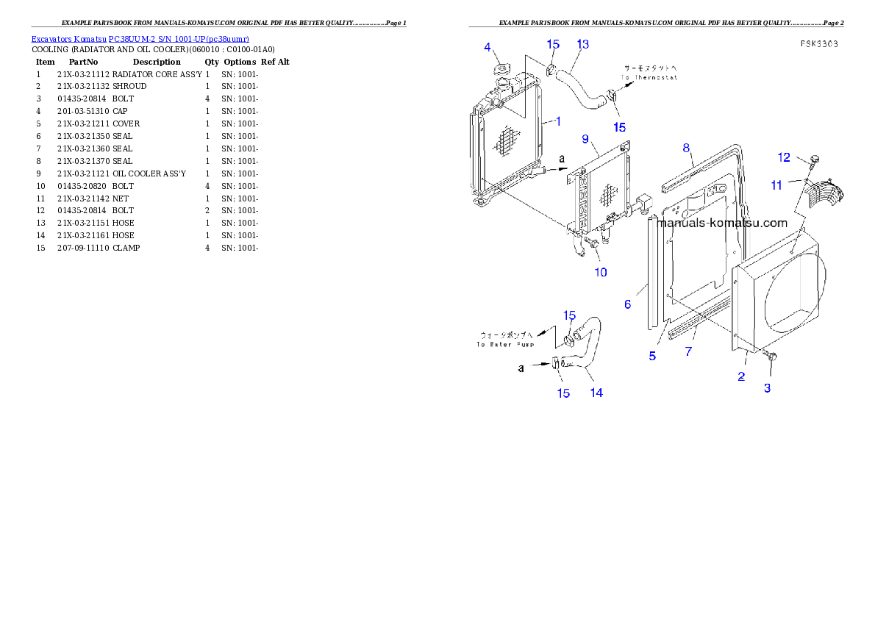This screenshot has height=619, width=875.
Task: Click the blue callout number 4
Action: point(488,48)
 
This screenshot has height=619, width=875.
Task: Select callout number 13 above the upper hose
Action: point(582,44)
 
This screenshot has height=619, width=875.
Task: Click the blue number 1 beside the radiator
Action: point(558,121)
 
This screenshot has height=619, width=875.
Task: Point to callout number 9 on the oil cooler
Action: point(585,138)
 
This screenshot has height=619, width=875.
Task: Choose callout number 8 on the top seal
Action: point(686,148)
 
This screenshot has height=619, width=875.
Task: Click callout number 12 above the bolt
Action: point(784,157)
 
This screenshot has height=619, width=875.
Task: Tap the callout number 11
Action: point(776,186)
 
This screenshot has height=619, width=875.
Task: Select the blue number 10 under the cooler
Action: point(601,272)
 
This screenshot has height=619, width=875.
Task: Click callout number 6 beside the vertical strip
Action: point(627,304)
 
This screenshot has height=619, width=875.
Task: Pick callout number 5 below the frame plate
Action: point(652,356)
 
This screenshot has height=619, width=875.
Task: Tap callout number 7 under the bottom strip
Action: point(688,351)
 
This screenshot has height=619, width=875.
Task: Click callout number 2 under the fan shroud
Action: point(741,376)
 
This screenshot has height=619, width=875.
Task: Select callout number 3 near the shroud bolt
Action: point(767,388)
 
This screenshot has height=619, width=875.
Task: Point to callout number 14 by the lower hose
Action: point(596,393)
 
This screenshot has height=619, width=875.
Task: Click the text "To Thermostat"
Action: point(649,77)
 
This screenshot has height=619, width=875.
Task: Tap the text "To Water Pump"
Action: point(504,343)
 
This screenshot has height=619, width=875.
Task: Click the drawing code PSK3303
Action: point(820,44)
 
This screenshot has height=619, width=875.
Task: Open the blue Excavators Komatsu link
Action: point(140,38)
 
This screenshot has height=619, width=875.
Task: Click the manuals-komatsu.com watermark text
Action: point(721,223)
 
